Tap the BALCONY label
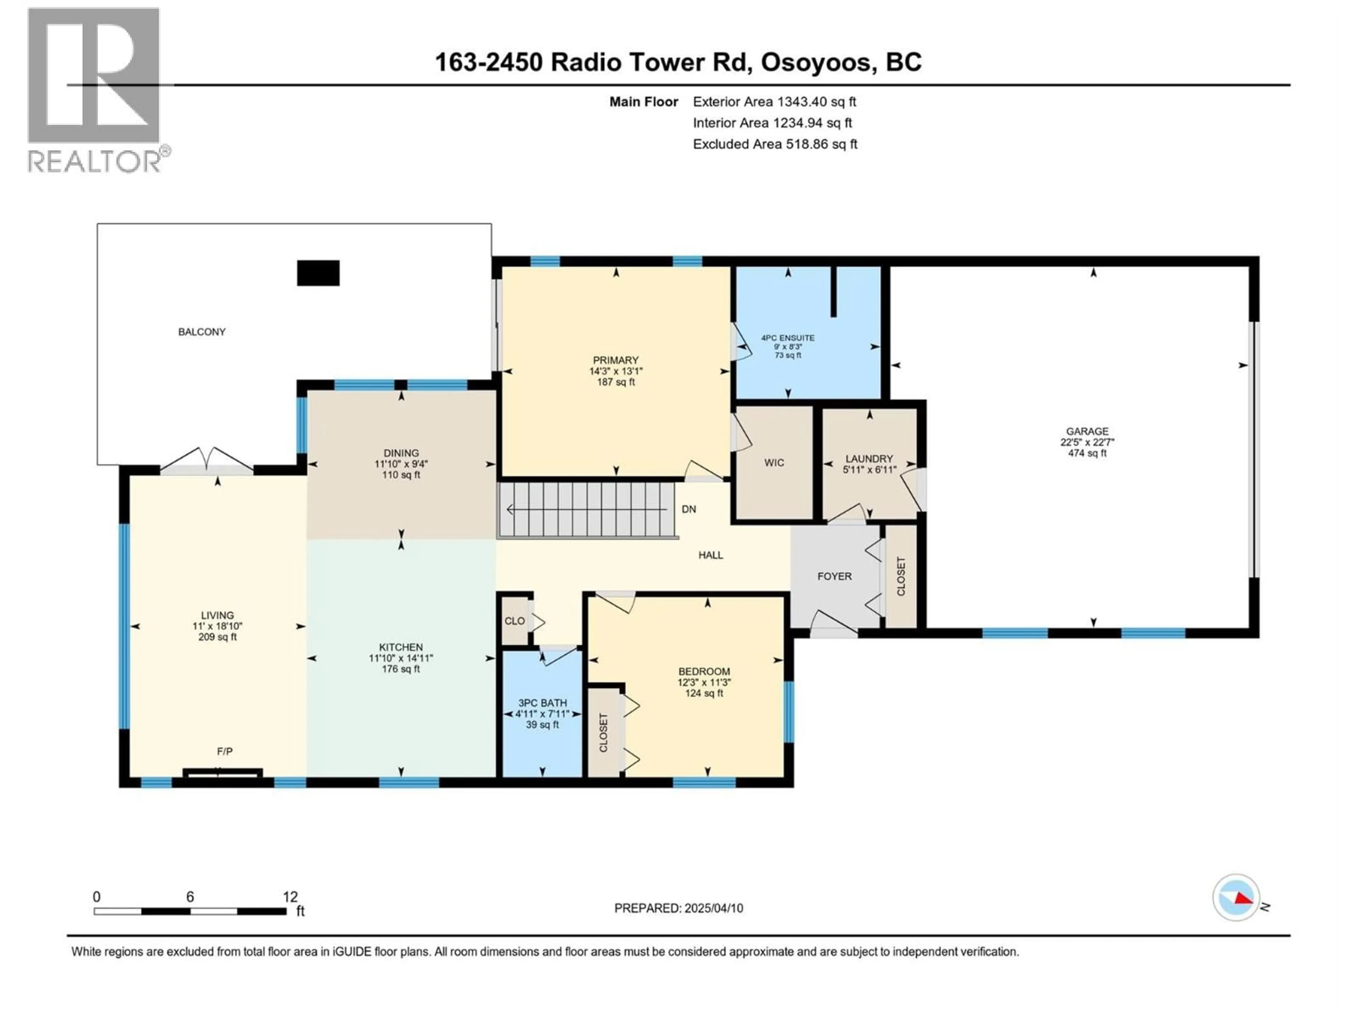coord(202,332)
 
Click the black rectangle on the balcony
coord(318,273)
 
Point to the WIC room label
coord(774,463)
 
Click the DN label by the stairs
coord(689,509)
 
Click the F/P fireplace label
coord(225,751)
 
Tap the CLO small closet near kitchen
coord(515,621)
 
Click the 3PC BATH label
coord(542,703)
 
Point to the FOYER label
coord(834,576)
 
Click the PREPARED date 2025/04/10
coord(678,908)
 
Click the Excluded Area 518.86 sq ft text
coord(775,144)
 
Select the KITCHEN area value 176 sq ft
coord(401,669)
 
